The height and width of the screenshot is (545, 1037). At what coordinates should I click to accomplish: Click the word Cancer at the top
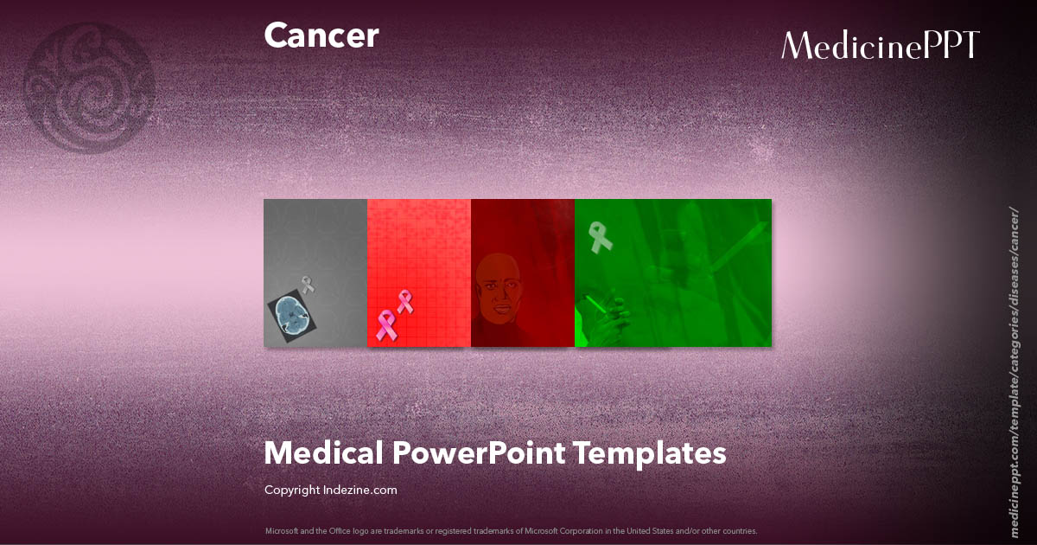pos(321,35)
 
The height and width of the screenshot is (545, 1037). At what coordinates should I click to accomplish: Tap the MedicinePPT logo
pos(880,45)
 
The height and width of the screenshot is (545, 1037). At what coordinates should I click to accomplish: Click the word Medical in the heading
pos(323,452)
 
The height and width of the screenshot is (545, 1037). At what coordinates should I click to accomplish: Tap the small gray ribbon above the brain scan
pos(307,284)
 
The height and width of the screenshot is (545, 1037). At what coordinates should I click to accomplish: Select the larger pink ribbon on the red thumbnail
pos(385,325)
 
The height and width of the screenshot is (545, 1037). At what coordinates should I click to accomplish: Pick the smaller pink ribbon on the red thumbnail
pos(404,301)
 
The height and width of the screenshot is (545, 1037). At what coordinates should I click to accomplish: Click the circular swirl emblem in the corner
pos(91,87)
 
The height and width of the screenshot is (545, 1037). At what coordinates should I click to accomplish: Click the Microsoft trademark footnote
pos(511,530)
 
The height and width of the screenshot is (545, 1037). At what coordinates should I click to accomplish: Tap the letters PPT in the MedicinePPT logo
pos(950,45)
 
